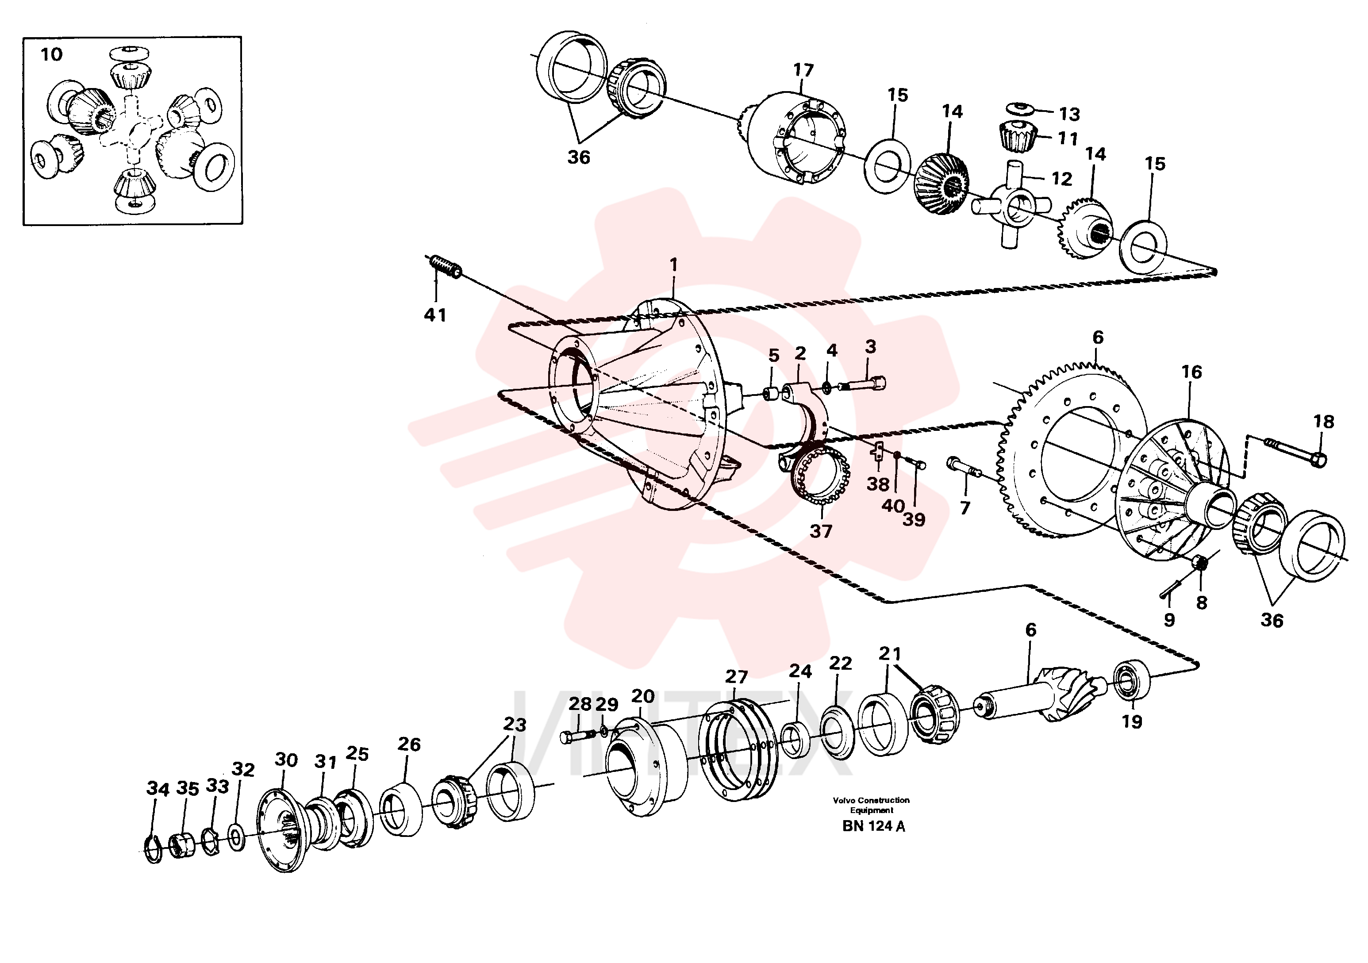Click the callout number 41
(x=435, y=315)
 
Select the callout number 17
(x=803, y=70)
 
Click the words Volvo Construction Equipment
(x=871, y=805)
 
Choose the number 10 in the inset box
(x=51, y=55)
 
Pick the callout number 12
(x=1062, y=179)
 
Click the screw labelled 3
(x=862, y=384)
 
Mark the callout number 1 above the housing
(x=674, y=265)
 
